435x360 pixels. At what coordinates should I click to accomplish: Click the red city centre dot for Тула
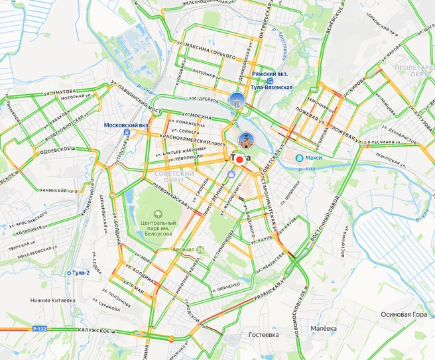tap(239, 160)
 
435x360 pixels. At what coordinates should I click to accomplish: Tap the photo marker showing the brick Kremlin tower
tap(245, 140)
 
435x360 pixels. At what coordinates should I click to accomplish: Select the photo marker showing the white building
tap(235, 100)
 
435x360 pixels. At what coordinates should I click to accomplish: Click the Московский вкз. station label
tap(126, 124)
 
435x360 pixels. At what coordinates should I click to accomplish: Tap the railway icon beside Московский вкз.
tap(126, 133)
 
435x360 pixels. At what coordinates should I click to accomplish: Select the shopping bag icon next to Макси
tap(300, 158)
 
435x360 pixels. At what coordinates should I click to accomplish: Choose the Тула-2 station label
tap(80, 272)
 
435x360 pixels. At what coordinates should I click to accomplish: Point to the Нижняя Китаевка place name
tap(58, 300)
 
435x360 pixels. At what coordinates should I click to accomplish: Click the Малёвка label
tap(324, 328)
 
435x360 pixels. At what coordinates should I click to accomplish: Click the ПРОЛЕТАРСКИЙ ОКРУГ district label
tap(412, 70)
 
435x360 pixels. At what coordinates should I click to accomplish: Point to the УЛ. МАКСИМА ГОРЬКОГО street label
tap(206, 45)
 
